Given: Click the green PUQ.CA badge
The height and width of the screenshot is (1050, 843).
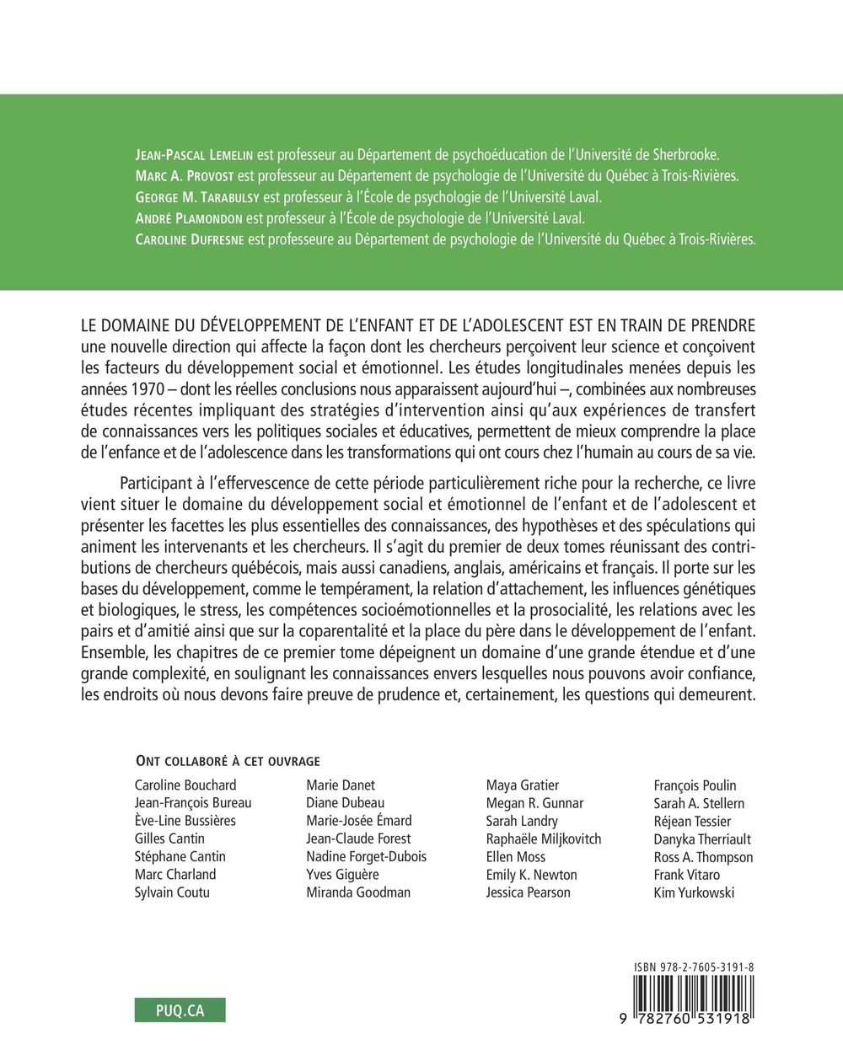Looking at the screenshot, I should (x=180, y=1010).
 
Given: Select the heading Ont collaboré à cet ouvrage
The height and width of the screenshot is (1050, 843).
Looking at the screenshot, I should (x=227, y=761).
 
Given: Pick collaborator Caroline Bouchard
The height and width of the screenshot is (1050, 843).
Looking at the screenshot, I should (x=185, y=785).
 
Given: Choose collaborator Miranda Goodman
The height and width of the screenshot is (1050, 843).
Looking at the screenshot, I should (x=358, y=892).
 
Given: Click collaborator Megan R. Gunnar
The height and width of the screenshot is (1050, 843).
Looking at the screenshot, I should (x=534, y=803).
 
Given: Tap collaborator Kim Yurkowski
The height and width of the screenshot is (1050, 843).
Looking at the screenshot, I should (x=694, y=892).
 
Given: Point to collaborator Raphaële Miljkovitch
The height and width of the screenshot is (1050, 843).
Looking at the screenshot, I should (x=544, y=838).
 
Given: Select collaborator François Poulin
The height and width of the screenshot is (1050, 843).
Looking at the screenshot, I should (x=695, y=785).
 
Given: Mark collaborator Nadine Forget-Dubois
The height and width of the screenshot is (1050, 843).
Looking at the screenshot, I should (x=367, y=856).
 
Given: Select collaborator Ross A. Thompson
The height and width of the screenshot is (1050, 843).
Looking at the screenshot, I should (x=703, y=856).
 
